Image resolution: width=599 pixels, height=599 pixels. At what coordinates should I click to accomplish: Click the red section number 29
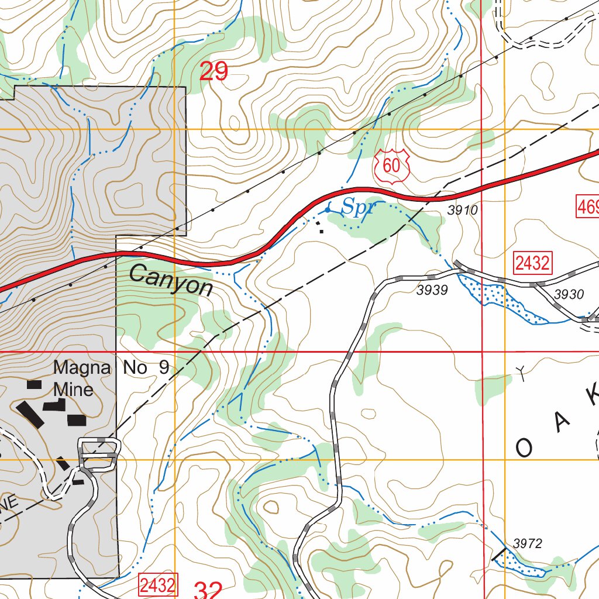(214, 72)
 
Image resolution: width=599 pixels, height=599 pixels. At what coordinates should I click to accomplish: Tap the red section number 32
(207, 590)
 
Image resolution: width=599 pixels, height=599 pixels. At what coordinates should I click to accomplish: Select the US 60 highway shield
(391, 166)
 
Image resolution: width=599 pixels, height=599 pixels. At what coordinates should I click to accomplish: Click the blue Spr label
(358, 206)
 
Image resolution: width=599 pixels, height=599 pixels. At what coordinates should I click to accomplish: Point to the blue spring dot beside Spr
(328, 209)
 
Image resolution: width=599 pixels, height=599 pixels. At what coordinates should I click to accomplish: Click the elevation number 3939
(432, 290)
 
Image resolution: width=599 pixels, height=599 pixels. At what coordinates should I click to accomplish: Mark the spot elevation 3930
(569, 294)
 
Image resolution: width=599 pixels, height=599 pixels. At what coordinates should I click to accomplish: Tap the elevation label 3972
(527, 544)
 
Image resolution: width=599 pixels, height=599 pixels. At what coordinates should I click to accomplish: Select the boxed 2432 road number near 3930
(532, 263)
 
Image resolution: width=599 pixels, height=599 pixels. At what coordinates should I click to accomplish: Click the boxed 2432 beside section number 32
(157, 584)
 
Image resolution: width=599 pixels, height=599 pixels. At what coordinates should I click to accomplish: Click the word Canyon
(171, 280)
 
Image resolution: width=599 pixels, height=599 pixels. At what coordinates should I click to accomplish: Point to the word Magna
(82, 368)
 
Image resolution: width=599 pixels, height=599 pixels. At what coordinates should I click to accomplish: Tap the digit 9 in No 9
(163, 368)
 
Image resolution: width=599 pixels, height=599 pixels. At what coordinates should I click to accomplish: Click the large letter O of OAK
(525, 448)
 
